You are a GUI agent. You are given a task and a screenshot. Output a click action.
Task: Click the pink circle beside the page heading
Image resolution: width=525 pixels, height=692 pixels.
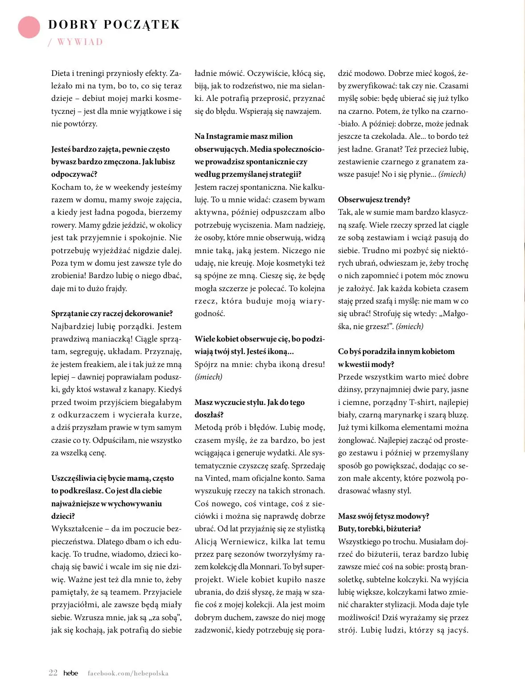tap(29, 27)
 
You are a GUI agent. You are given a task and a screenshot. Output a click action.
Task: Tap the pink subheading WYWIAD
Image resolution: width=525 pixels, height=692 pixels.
tap(80, 42)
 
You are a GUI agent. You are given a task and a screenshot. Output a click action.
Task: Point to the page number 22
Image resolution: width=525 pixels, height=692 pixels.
tap(53, 673)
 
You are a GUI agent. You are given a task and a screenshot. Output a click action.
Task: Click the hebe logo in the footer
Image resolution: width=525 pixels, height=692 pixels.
tap(70, 673)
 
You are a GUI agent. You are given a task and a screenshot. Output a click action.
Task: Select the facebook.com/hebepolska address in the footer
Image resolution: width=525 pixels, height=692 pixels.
tap(128, 673)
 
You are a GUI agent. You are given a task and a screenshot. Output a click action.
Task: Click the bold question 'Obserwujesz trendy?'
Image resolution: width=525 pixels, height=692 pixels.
tap(374, 200)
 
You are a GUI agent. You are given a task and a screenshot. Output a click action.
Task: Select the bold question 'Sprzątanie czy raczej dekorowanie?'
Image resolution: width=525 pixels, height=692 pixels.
tap(112, 313)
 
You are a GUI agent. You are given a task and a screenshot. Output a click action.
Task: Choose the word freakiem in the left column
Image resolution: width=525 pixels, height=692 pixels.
tap(98, 364)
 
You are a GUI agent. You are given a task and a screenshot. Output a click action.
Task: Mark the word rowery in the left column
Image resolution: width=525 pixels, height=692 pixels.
tap(63, 225)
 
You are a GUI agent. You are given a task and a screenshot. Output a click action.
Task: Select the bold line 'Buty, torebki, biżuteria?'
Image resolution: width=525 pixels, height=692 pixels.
tap(379, 529)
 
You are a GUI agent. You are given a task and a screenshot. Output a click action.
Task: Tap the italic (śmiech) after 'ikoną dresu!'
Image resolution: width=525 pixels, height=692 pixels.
tap(208, 377)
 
